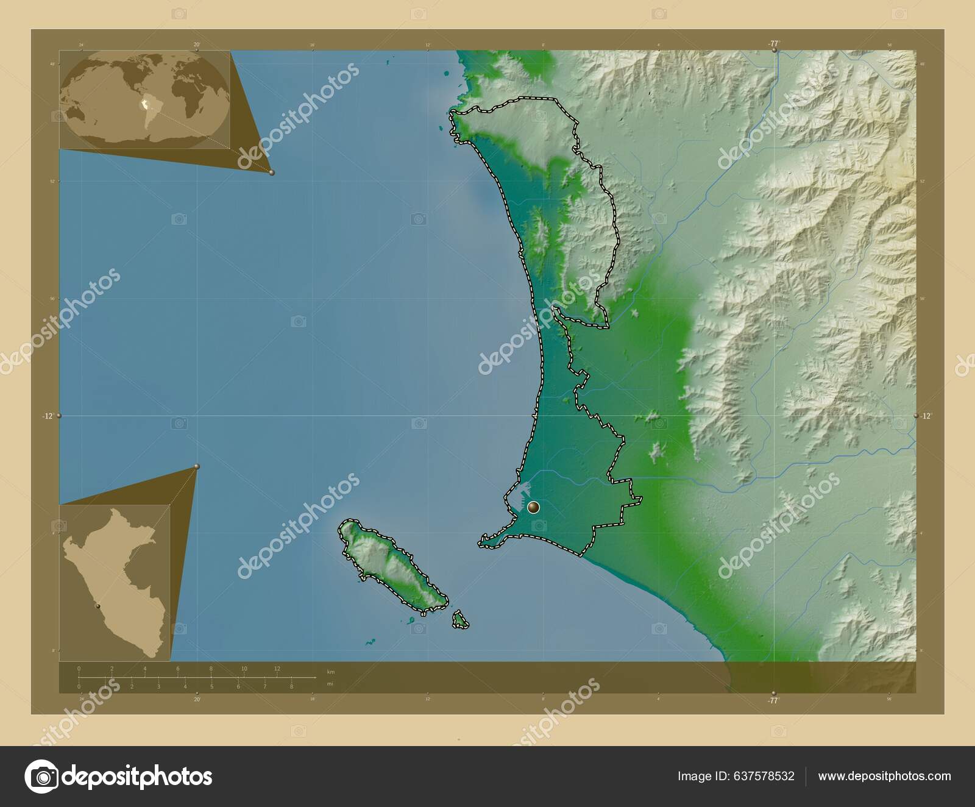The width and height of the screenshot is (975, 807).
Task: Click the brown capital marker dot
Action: pos(534,507)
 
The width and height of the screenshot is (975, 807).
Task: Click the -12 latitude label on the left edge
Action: pos(47,416)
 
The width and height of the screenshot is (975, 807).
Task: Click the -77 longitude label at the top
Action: pos(773,43)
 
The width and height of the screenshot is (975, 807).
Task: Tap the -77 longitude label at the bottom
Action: pos(773,700)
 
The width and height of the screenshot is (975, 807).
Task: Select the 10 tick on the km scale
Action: pos(244,669)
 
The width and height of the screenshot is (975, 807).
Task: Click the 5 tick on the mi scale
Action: pos(211,687)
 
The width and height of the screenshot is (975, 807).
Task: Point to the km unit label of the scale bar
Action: pos(331,672)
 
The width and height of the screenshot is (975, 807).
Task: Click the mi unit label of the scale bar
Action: pos(330,684)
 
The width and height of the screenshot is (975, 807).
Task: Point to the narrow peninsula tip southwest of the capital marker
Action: pos(481,541)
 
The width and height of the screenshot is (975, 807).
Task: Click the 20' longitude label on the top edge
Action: pos(196,44)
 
